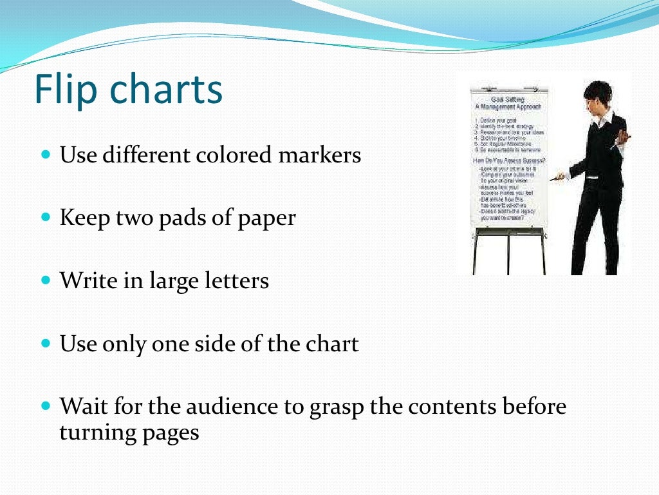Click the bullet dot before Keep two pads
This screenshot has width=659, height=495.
click(45, 218)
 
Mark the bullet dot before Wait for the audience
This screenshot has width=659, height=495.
click(45, 407)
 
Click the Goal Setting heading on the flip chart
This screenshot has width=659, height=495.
click(508, 99)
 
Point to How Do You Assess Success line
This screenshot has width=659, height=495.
click(508, 159)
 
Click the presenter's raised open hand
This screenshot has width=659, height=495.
click(622, 137)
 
